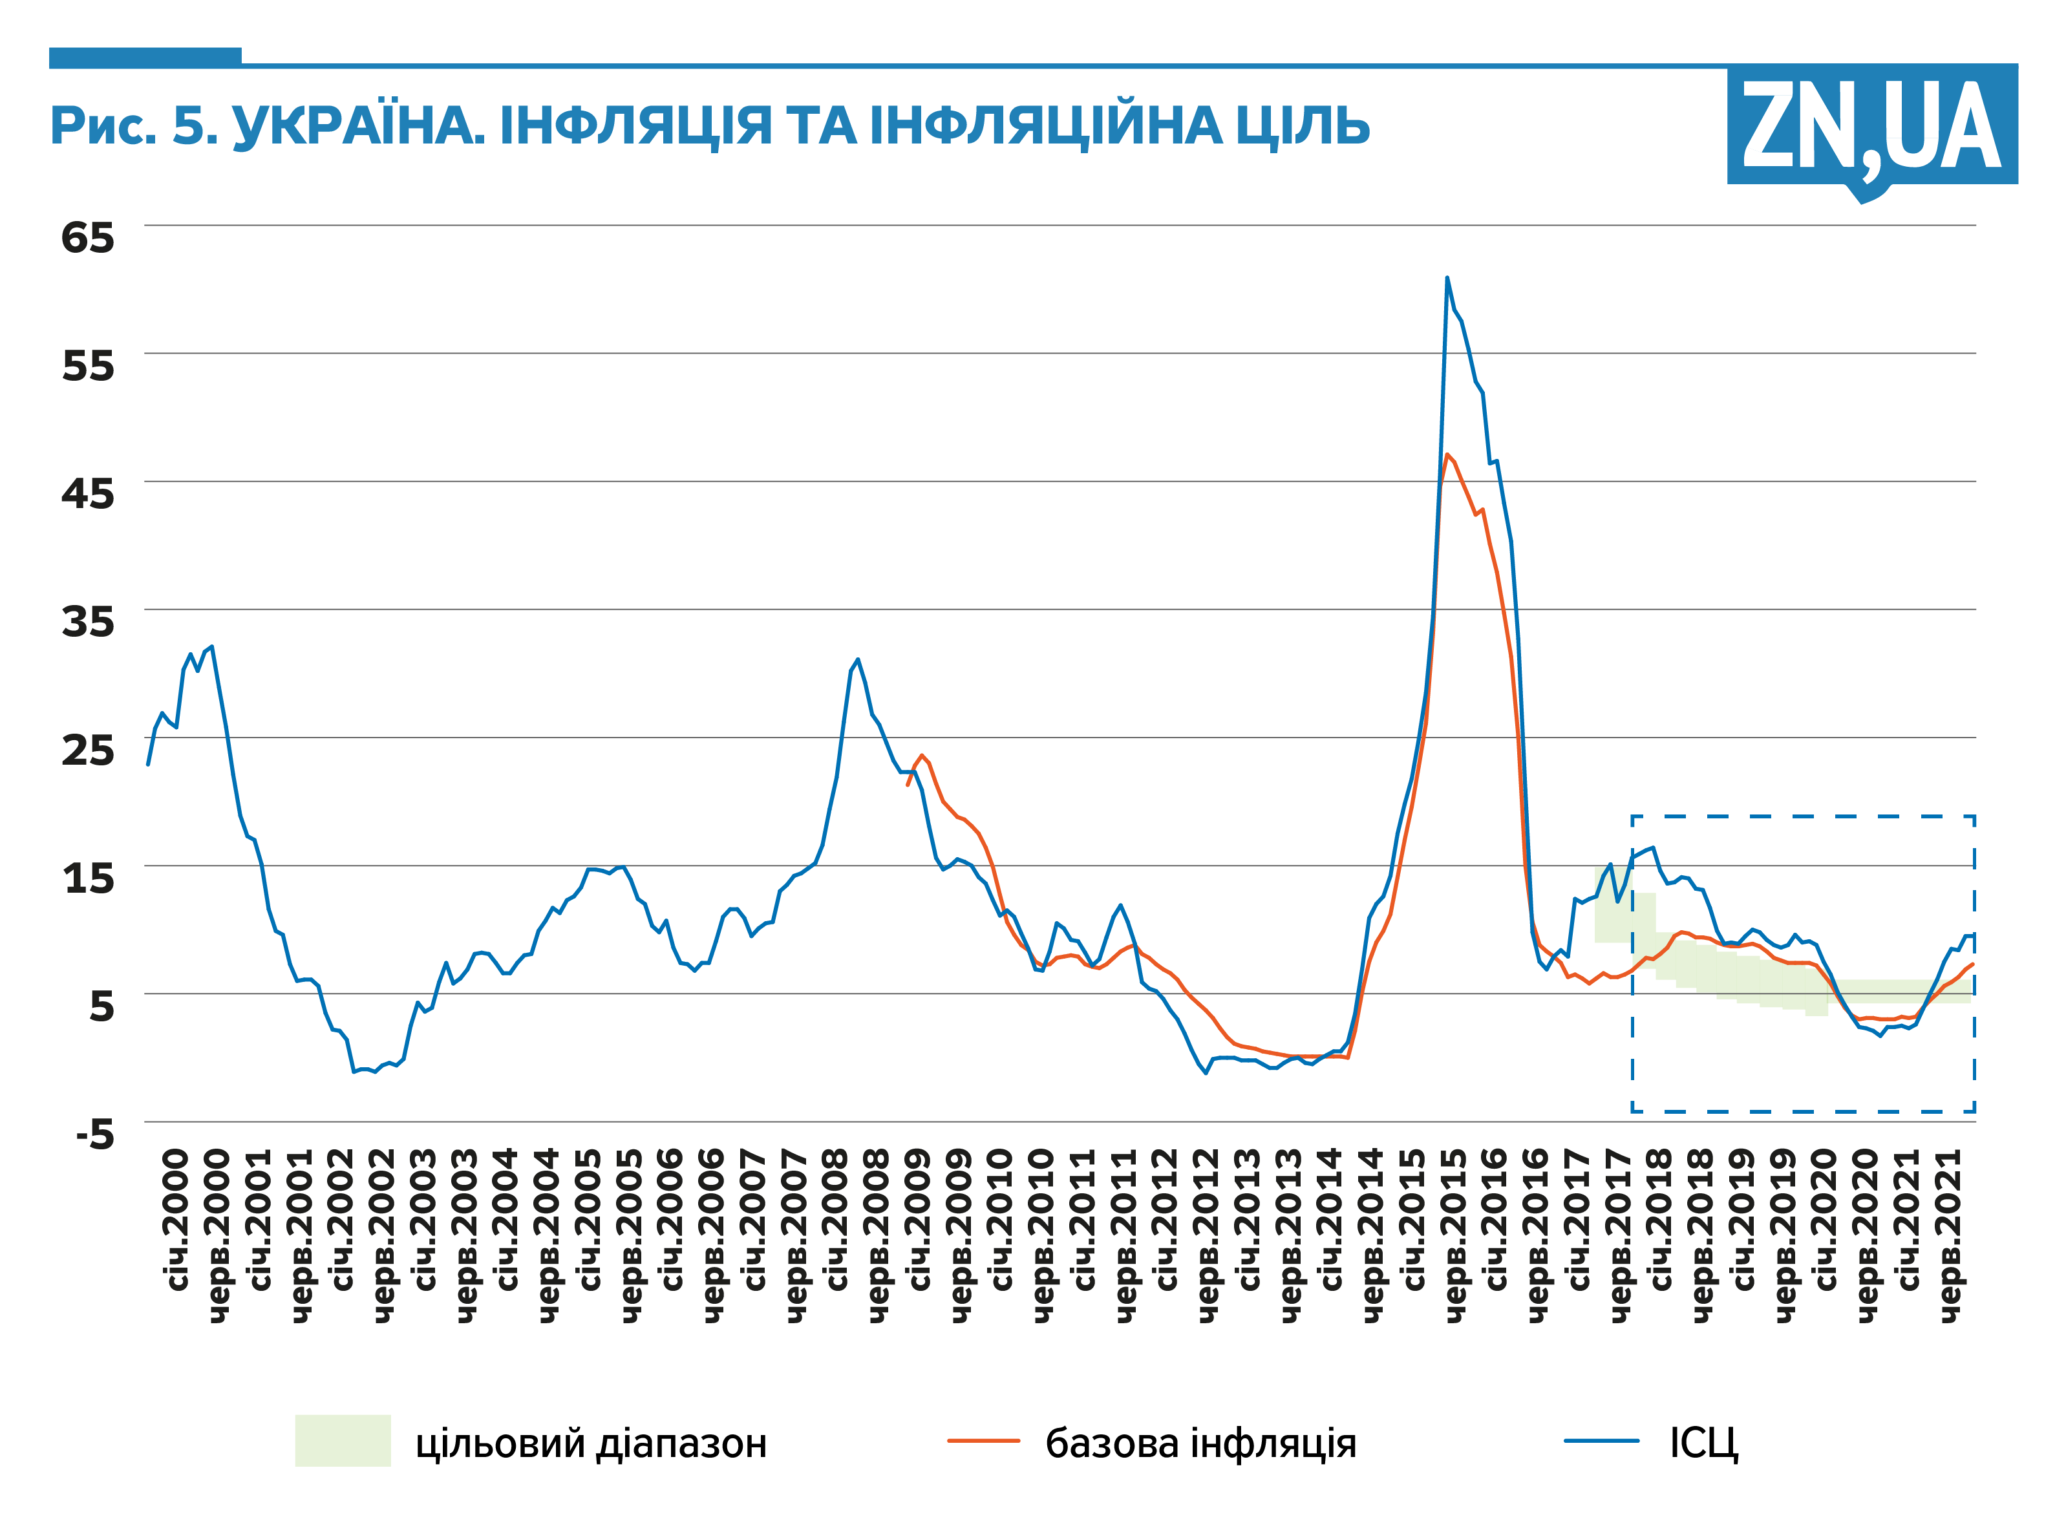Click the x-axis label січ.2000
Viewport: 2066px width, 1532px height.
coord(176,1220)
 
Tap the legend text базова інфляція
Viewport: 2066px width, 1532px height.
coord(1200,1443)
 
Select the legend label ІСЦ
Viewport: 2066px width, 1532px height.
coord(1703,1443)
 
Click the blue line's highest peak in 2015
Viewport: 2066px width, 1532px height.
coord(1447,278)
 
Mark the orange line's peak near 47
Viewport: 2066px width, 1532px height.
coord(1447,454)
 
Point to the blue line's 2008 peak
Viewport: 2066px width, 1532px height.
coord(858,659)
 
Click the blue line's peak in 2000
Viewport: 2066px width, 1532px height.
coord(212,646)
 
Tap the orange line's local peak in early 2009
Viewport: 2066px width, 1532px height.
coord(922,755)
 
